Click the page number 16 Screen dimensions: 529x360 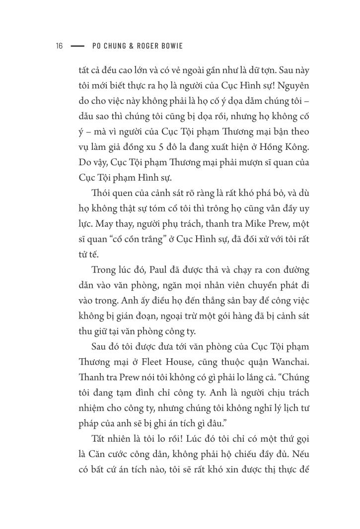[59, 46]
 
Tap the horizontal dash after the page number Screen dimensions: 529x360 [78, 46]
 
